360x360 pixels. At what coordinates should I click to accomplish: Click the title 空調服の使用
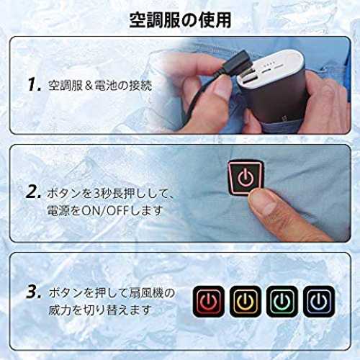(180, 20)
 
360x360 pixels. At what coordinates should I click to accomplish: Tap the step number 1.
(35, 84)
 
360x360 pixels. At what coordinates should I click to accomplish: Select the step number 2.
(33, 192)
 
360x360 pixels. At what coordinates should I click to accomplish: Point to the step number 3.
(33, 292)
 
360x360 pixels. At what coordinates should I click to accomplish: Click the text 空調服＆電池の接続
(100, 86)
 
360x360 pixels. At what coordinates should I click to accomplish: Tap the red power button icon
(209, 301)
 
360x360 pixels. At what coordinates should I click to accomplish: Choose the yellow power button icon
(246, 301)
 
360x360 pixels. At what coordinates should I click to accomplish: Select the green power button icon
(282, 301)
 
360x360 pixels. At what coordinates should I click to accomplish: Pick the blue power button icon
(319, 301)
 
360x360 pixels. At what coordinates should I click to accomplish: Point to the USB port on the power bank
(250, 78)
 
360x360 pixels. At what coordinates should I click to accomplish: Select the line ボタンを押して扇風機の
(112, 293)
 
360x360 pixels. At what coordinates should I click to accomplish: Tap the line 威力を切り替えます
(100, 310)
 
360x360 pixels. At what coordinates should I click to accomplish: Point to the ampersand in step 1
(89, 86)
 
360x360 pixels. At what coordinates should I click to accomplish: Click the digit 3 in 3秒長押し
(96, 194)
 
